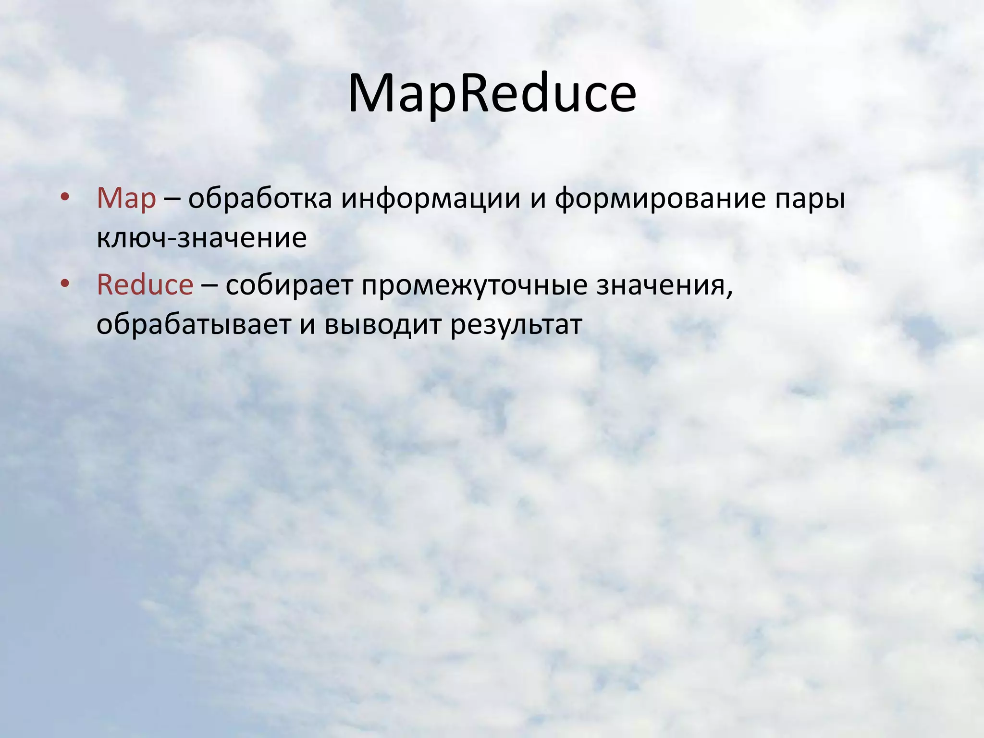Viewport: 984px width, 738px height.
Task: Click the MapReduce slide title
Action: click(x=492, y=94)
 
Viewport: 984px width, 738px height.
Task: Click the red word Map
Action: click(x=126, y=198)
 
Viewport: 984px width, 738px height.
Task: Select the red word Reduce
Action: click(x=145, y=285)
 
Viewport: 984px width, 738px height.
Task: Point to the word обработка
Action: click(x=259, y=198)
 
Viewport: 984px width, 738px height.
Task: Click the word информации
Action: click(x=431, y=198)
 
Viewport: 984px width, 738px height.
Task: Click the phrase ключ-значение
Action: click(x=201, y=238)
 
